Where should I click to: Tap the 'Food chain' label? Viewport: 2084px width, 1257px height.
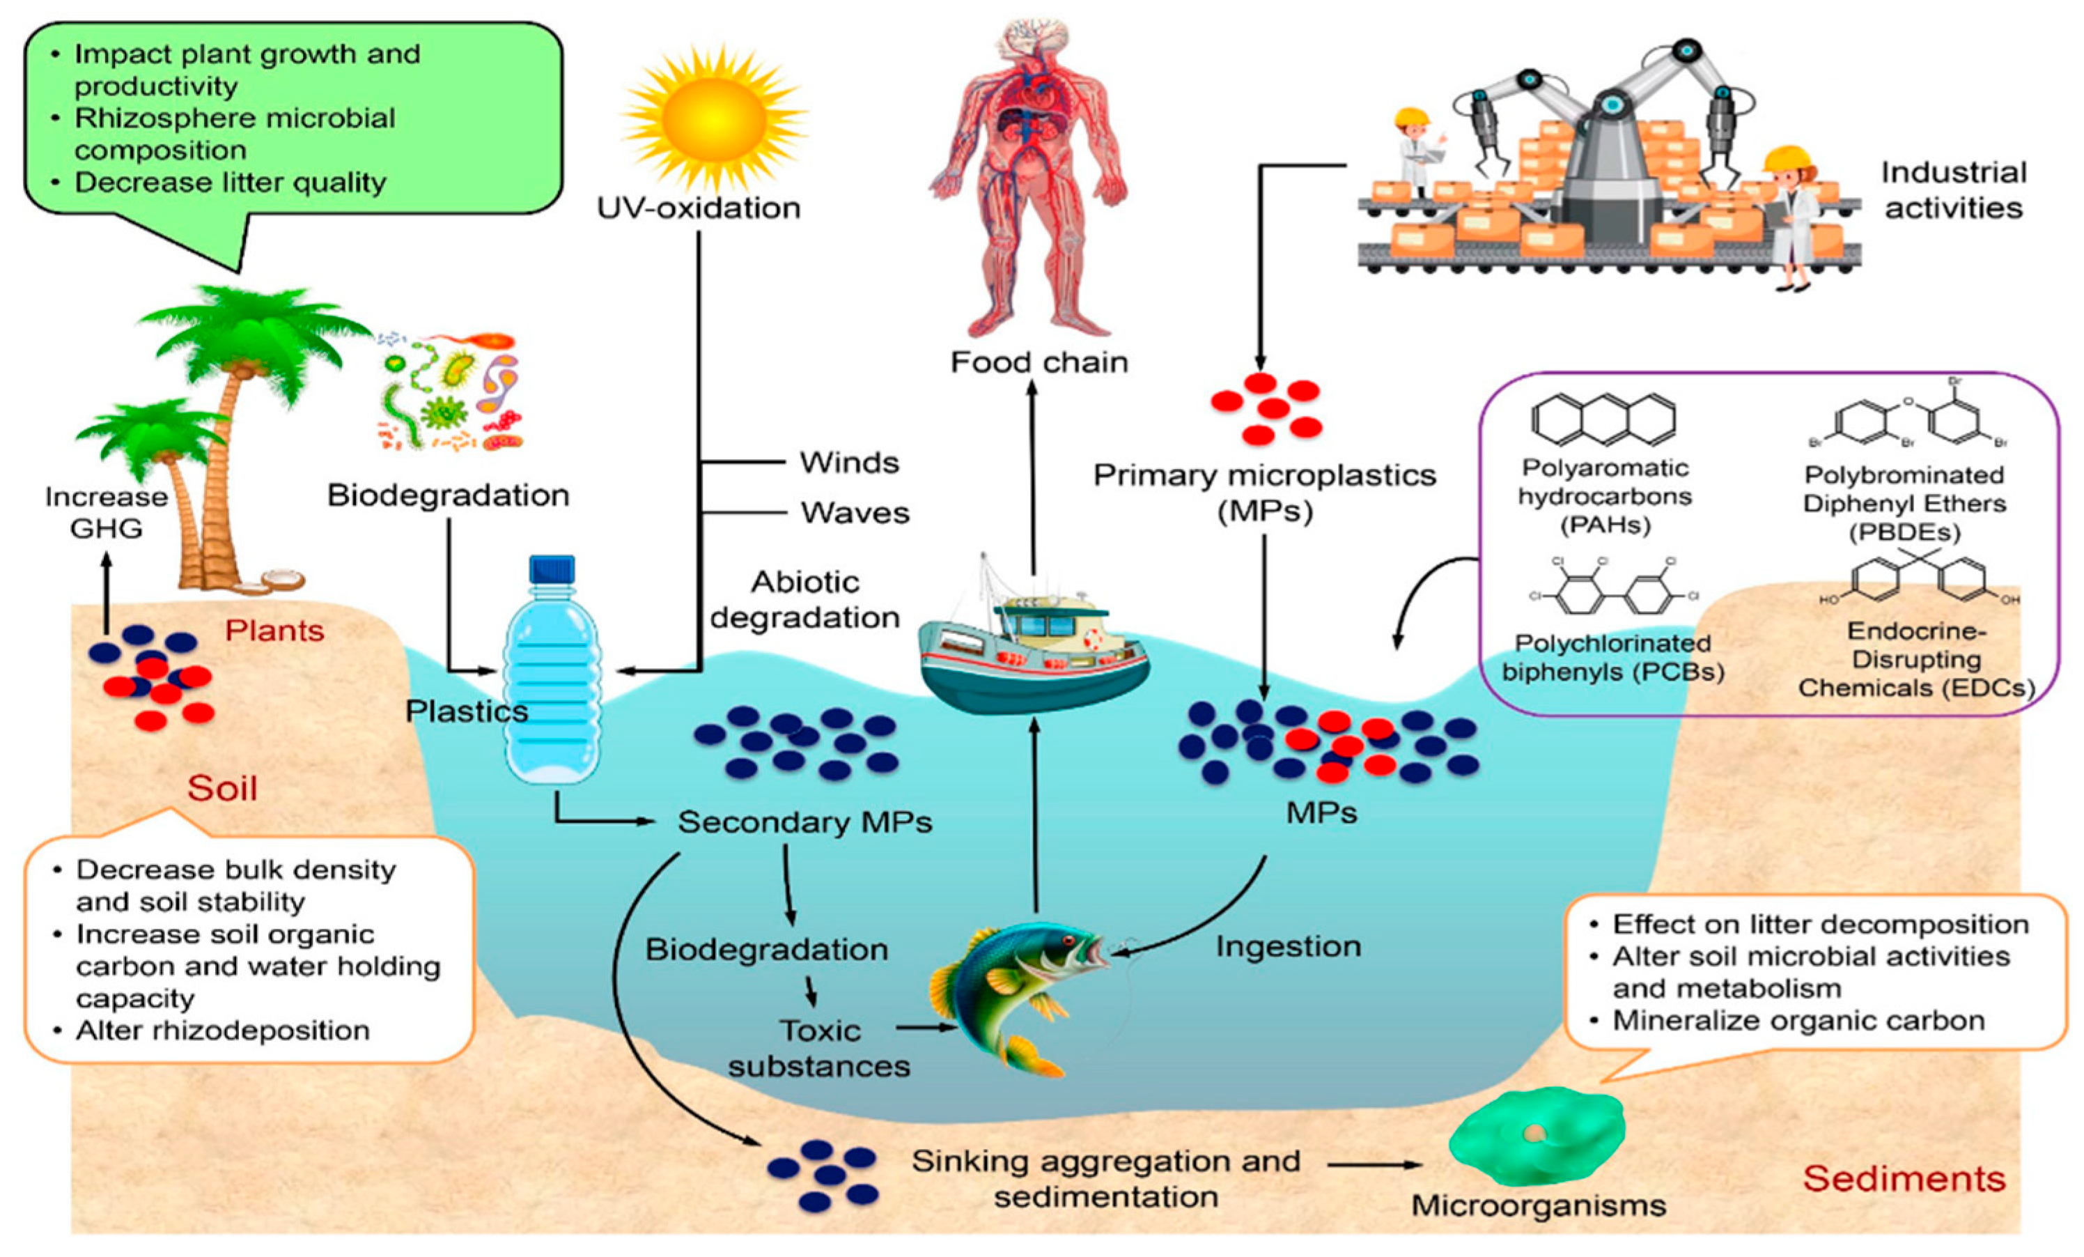click(x=1039, y=362)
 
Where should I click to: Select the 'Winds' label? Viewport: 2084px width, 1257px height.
click(x=849, y=463)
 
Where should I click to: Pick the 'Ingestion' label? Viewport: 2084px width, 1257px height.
click(x=1288, y=946)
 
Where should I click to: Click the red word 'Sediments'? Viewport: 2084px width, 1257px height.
click(x=1904, y=1178)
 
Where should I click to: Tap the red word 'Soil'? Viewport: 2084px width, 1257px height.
click(x=221, y=788)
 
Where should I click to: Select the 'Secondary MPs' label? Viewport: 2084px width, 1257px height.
click(x=804, y=822)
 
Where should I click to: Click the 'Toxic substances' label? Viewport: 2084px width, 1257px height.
click(x=818, y=1048)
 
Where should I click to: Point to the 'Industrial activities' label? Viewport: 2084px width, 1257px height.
click(x=1953, y=190)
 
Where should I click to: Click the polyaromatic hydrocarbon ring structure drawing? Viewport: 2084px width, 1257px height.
click(x=1603, y=419)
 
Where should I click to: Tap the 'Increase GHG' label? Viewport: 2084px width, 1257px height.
click(x=106, y=511)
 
